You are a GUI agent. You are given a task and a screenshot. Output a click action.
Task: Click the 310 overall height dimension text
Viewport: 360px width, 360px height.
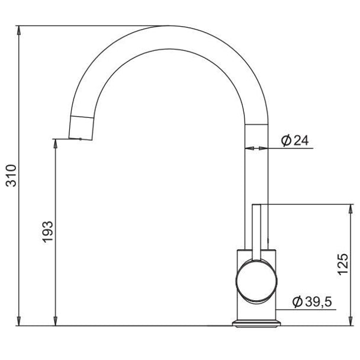(x=11, y=176)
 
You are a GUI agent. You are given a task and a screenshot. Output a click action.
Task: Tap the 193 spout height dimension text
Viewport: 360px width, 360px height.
(x=47, y=232)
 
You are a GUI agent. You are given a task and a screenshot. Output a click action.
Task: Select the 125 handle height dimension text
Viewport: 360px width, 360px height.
(x=343, y=264)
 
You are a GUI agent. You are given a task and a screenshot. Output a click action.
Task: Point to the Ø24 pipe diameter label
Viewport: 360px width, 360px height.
(x=295, y=140)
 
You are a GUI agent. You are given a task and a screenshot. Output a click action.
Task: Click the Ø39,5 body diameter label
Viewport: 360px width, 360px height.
(x=312, y=301)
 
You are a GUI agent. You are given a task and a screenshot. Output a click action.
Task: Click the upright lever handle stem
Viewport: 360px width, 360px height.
(x=256, y=232)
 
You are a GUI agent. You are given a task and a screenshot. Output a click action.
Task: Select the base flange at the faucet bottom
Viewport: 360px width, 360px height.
(x=256, y=323)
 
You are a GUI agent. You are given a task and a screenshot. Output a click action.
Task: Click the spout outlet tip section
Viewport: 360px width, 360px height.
(x=81, y=128)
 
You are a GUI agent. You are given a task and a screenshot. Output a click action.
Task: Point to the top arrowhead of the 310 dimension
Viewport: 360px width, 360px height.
(x=19, y=30)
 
